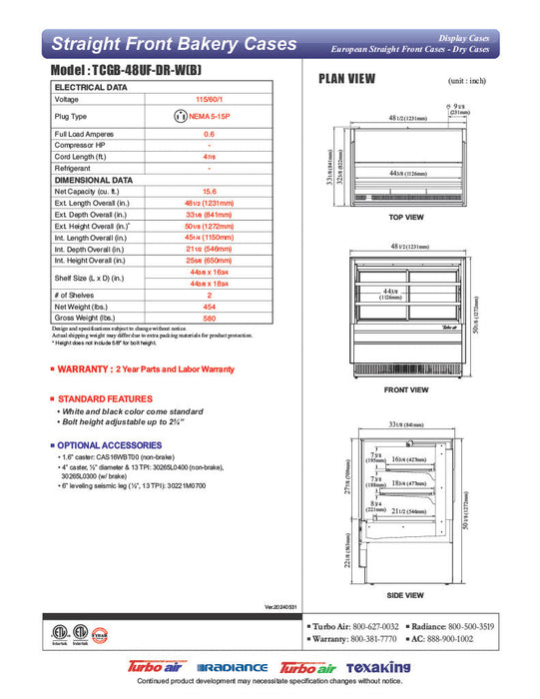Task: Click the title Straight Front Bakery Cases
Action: [x=174, y=44]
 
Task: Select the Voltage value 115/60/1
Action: [x=209, y=100]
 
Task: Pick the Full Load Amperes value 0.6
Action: [x=209, y=134]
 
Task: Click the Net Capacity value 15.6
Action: [x=209, y=191]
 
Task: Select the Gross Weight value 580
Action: [x=209, y=320]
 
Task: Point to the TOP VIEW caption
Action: [x=405, y=217]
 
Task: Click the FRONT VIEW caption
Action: [x=405, y=389]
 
